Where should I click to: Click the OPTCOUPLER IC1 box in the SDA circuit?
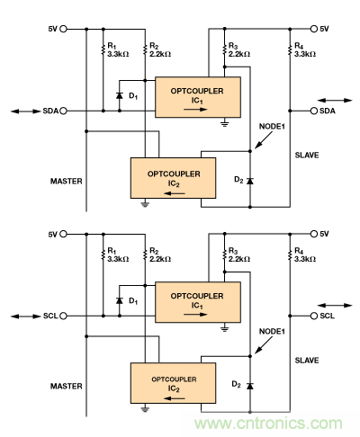point(198,97)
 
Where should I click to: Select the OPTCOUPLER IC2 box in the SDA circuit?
point(173,177)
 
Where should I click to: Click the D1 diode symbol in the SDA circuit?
point(119,93)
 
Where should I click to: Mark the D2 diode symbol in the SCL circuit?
point(249,386)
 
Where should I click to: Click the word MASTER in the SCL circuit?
point(67,386)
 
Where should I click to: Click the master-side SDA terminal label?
point(50,111)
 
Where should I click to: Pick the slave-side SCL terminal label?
point(328,317)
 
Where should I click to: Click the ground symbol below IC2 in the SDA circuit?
point(144,204)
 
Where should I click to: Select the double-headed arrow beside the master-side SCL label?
point(18,317)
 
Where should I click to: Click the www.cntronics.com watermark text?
point(274,423)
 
